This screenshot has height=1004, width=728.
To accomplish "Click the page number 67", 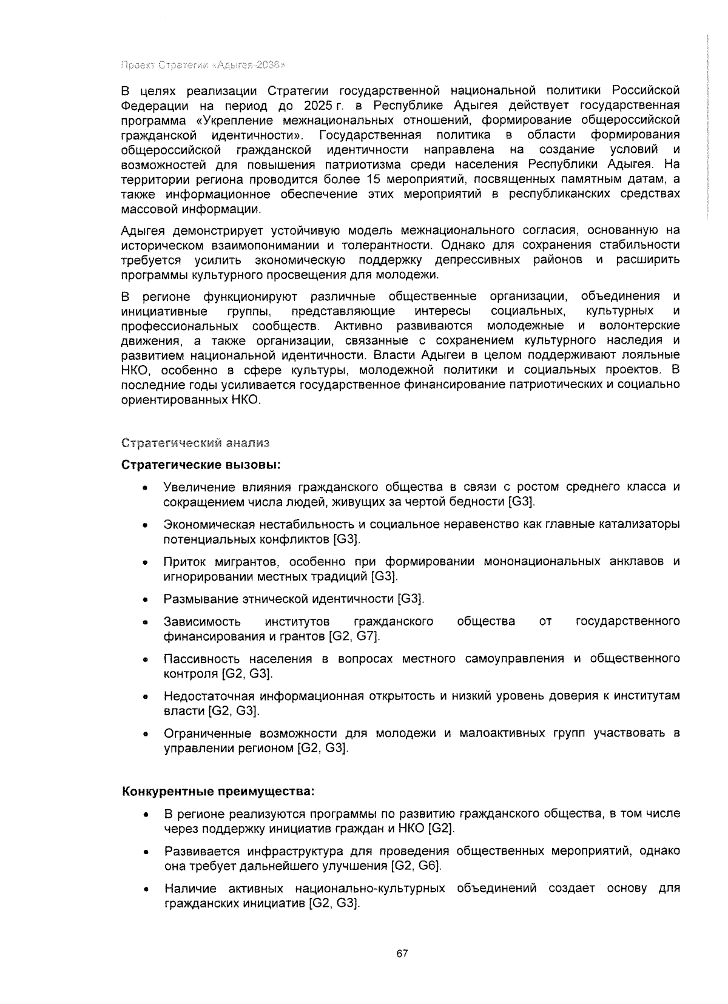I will point(402,953).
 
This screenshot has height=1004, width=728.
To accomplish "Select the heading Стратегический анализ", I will point(195,442).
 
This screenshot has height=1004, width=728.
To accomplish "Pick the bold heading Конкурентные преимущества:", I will point(218,792).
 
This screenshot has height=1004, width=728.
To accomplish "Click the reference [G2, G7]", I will point(354,636).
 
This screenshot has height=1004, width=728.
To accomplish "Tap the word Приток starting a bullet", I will point(184,561).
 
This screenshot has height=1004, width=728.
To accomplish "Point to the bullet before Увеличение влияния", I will point(144,488).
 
